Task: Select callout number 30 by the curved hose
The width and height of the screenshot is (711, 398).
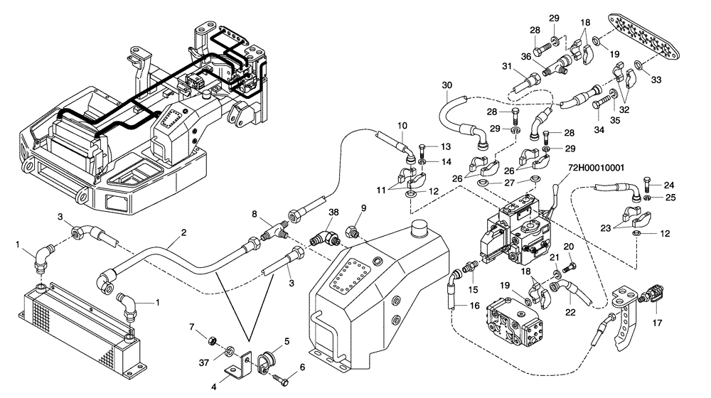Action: point(447,85)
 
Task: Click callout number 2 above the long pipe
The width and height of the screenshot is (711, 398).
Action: point(183,233)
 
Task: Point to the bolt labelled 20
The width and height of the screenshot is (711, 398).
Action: point(567,268)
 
